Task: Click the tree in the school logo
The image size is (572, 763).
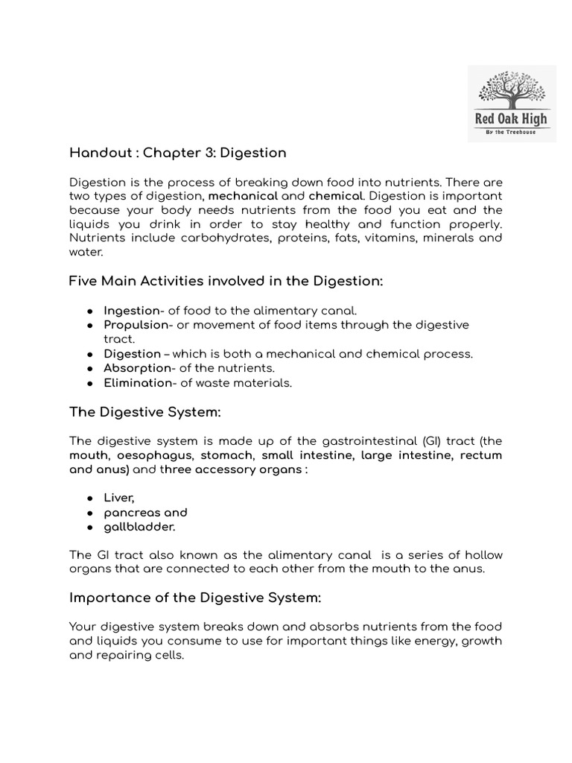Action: [x=511, y=88]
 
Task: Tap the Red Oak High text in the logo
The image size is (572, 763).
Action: [x=511, y=119]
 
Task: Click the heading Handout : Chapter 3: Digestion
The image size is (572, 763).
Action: [x=177, y=153]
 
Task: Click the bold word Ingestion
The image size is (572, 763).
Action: [x=132, y=311]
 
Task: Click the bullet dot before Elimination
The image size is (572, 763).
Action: [x=89, y=383]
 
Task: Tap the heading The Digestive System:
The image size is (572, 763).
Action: [x=145, y=412]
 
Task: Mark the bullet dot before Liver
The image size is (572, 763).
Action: [x=89, y=498]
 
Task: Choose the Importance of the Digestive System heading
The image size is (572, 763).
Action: [x=195, y=598]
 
